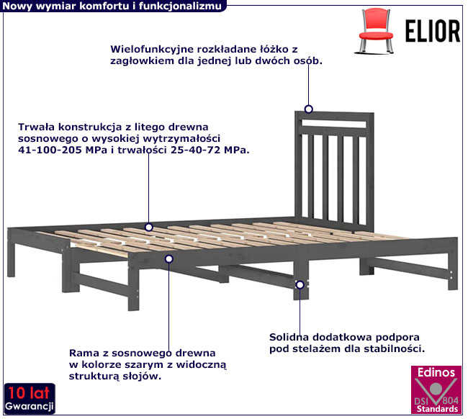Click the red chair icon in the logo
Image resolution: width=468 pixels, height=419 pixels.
pos(375,31)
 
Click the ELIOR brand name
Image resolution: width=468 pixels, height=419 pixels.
pos(433,31)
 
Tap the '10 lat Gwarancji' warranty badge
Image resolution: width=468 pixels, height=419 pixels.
pos(30,399)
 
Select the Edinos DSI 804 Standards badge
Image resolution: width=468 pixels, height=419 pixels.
pos(436,389)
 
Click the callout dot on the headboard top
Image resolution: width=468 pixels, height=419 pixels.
pos(309,109)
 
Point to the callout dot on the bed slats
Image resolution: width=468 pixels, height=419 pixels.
pos(148,227)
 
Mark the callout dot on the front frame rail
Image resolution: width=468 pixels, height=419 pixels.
pos(169,258)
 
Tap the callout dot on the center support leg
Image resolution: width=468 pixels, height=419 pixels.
pos(300,284)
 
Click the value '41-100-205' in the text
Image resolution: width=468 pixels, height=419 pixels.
pos(50,150)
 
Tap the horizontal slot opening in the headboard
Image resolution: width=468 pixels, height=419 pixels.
pos(334,124)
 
